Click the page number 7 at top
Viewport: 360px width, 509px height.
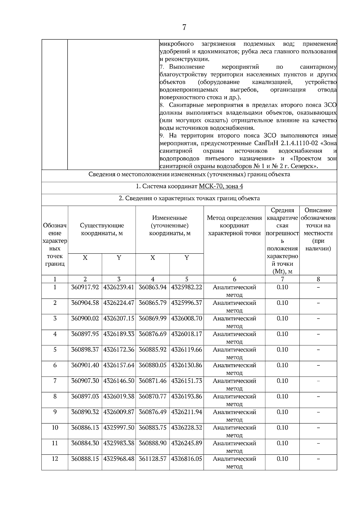pyautogui.click(x=184, y=28)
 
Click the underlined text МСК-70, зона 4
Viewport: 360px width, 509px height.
pyautogui.click(x=221, y=186)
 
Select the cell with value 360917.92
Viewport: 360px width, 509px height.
pyautogui.click(x=85, y=287)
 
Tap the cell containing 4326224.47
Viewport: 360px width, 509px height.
pyautogui.click(x=119, y=303)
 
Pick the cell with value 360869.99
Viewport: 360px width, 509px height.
pyautogui.click(x=152, y=318)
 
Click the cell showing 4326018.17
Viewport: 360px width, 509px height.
pyautogui.click(x=187, y=334)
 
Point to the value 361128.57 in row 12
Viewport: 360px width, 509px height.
pyautogui.click(x=152, y=459)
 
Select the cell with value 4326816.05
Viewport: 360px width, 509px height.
pyautogui.click(x=187, y=459)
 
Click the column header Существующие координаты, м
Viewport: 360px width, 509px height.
pyautogui.click(x=102, y=229)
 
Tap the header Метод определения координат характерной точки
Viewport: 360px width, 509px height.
pyautogui.click(x=234, y=225)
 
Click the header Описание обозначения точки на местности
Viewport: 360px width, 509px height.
pyautogui.click(x=318, y=229)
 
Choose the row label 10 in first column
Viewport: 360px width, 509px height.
pyautogui.click(x=55, y=427)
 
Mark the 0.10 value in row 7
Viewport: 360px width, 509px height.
pyautogui.click(x=282, y=381)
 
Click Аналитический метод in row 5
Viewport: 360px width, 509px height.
pyautogui.click(x=234, y=353)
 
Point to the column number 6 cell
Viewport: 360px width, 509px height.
pyautogui.click(x=234, y=279)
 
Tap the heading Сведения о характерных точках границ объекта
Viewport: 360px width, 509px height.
pyautogui.click(x=189, y=198)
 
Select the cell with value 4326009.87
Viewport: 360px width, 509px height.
pyautogui.click(x=119, y=412)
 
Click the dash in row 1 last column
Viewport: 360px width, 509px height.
pyautogui.click(x=318, y=287)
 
